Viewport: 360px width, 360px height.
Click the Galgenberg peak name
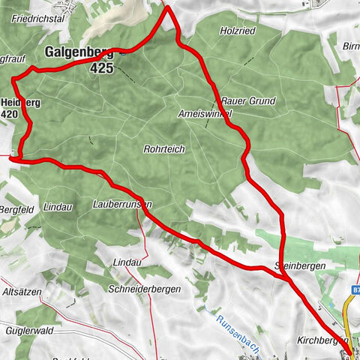pos(79,52)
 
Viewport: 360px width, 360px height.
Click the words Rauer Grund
pos(249,100)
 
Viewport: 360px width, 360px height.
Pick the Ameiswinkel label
pos(205,113)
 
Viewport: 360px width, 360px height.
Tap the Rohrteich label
pos(163,149)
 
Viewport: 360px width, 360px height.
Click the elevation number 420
pos(10,113)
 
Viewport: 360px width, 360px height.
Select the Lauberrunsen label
pos(124,204)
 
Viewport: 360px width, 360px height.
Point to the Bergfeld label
pos(13,208)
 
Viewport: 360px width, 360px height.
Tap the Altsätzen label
pos(22,291)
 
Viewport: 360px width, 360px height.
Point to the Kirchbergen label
pos(330,340)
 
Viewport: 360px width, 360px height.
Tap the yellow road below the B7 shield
pos(347,315)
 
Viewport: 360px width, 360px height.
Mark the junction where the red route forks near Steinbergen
pos(286,278)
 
